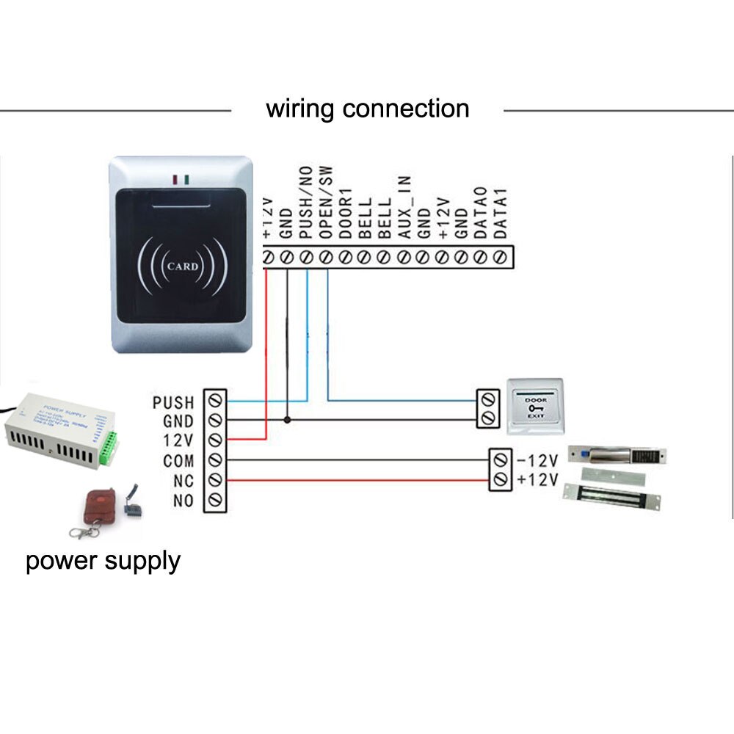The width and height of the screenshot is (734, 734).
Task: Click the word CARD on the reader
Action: [182, 266]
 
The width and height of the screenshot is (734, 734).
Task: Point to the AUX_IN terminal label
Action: [404, 208]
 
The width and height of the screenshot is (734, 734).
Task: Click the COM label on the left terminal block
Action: [178, 461]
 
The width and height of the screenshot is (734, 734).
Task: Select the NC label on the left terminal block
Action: [183, 481]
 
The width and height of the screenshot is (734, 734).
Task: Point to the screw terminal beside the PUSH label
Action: [215, 401]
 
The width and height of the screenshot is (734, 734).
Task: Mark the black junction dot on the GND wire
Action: [287, 421]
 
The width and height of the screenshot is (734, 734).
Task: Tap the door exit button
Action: [534, 405]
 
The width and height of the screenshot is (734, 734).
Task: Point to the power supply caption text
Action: [103, 562]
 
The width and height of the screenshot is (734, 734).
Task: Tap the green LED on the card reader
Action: [187, 178]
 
